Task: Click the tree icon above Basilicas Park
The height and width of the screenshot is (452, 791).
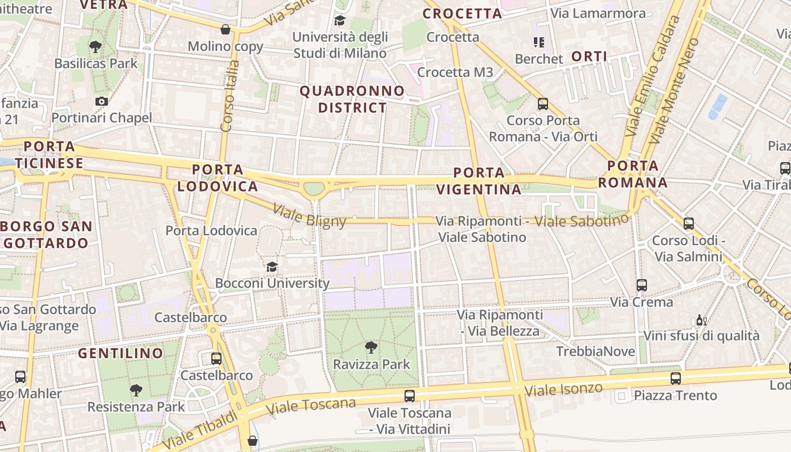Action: click(95, 46)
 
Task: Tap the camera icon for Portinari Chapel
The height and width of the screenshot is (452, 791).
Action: click(102, 101)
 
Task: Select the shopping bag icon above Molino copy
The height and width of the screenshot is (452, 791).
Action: click(225, 29)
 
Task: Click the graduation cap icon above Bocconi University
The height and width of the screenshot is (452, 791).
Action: click(272, 267)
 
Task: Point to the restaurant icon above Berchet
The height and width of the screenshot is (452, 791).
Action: click(538, 42)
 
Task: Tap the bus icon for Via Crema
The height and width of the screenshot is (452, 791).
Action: click(641, 285)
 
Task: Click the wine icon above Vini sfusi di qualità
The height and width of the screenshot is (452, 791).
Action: click(701, 320)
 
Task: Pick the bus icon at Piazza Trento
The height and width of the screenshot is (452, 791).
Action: click(675, 379)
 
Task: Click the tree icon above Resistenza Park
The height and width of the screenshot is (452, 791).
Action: click(136, 390)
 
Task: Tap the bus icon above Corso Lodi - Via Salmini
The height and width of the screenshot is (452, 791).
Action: click(688, 224)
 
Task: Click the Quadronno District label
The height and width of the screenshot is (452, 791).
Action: click(352, 99)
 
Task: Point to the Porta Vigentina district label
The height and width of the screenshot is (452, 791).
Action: click(479, 181)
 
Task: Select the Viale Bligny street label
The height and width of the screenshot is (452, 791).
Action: click(309, 215)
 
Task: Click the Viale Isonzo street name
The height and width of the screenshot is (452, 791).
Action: click(563, 389)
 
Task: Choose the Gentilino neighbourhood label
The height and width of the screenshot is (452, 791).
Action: click(120, 354)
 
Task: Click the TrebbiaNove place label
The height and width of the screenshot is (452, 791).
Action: click(596, 351)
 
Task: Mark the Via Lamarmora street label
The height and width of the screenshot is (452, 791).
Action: click(598, 13)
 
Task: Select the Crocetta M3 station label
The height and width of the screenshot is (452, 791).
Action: click(455, 72)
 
